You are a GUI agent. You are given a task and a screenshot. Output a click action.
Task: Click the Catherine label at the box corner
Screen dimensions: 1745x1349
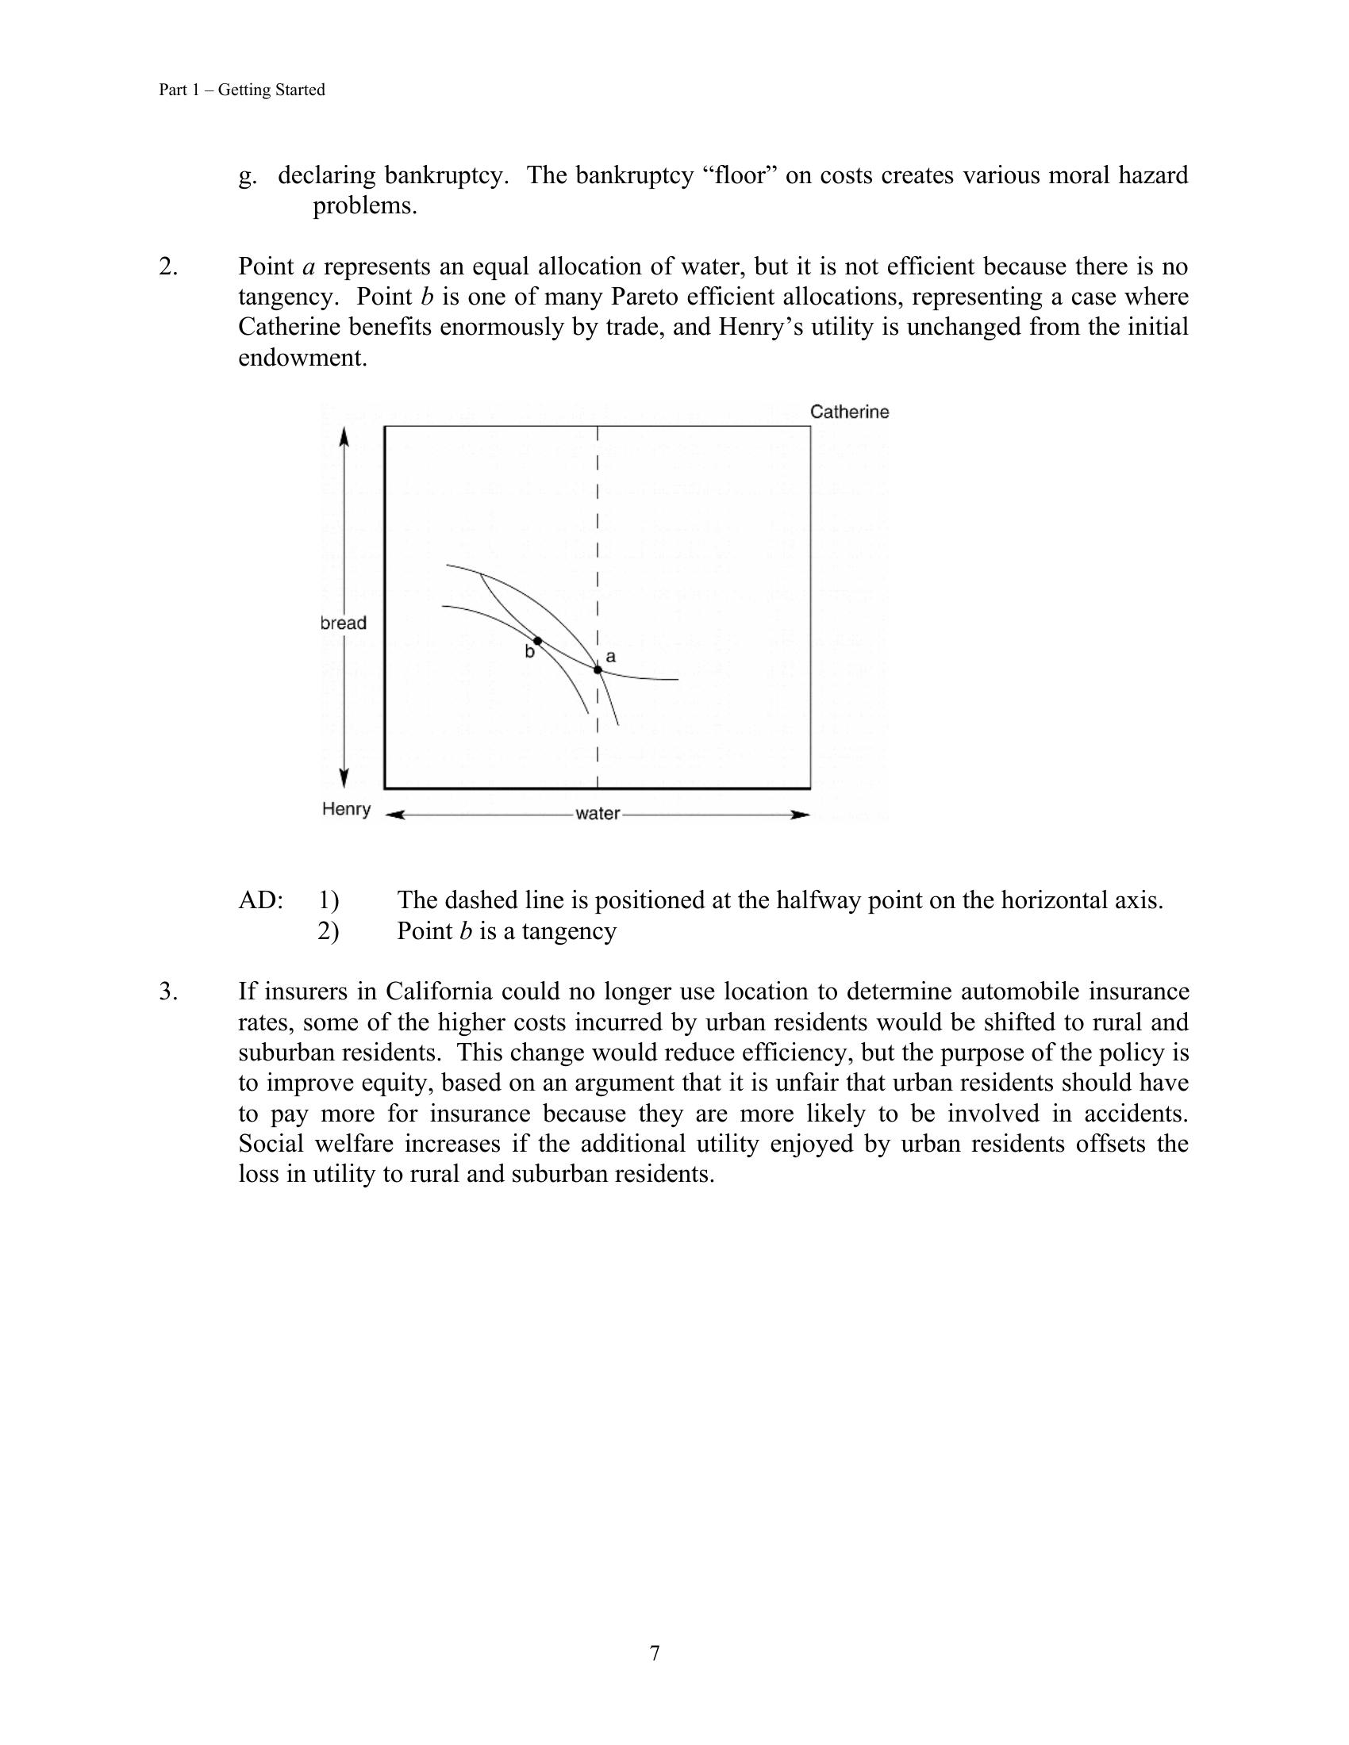[x=849, y=412]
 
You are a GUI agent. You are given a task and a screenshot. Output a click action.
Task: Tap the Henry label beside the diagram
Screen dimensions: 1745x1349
[x=346, y=808]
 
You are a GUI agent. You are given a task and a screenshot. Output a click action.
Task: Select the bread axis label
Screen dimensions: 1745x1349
[x=344, y=623]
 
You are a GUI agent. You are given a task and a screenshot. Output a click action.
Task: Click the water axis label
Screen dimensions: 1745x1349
[x=597, y=813]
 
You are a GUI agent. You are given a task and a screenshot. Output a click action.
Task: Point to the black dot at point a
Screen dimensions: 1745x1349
[x=598, y=669]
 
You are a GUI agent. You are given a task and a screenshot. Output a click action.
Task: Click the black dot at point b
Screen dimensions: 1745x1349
[x=538, y=641]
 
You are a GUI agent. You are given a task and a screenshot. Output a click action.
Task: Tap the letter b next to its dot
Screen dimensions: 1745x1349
[x=529, y=653]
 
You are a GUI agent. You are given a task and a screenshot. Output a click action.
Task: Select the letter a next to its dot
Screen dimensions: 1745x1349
[x=610, y=657]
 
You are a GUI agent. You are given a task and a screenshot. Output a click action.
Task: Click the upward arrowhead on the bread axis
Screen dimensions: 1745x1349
[x=344, y=436]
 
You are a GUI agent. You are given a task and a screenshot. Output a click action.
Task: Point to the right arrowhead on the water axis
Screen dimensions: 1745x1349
[x=800, y=814]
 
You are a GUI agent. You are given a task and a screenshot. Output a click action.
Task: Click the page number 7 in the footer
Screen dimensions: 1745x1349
[x=655, y=1653]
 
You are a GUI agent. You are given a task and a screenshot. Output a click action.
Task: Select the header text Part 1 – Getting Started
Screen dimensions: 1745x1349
[x=241, y=90]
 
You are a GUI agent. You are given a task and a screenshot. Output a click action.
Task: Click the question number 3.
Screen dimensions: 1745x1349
[x=167, y=991]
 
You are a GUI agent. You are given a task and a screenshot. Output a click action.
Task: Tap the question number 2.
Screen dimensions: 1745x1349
[x=167, y=266]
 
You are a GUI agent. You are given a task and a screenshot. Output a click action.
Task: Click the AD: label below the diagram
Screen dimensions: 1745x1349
[x=260, y=900]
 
